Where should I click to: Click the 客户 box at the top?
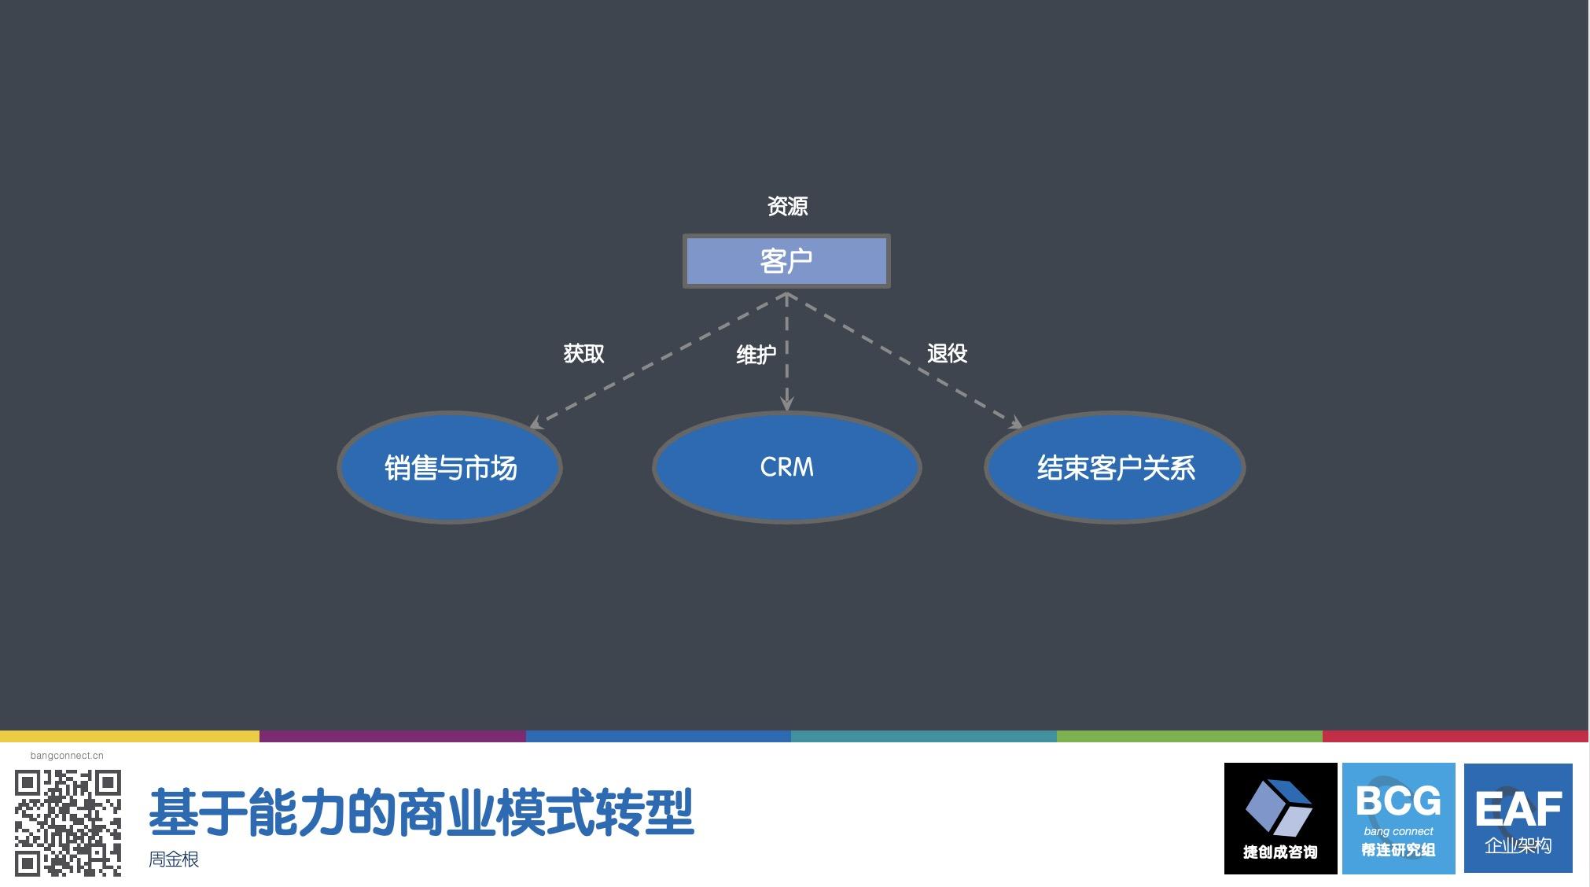tap(786, 261)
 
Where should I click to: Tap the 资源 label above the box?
tap(787, 206)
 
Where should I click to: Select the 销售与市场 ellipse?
tap(450, 467)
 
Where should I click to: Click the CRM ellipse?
tap(787, 467)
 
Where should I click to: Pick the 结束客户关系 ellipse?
tap(1115, 467)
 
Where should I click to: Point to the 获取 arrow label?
tap(583, 354)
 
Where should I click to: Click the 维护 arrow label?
tap(756, 355)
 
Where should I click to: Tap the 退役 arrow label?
tap(947, 354)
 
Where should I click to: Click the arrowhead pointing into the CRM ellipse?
tap(786, 403)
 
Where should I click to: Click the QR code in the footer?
tap(68, 823)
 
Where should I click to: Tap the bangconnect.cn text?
tap(67, 756)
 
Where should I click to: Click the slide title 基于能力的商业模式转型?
tap(421, 812)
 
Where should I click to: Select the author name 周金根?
tap(174, 859)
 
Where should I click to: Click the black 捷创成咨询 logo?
tap(1280, 819)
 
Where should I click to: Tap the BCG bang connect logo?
tap(1398, 819)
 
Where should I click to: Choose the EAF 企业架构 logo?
tap(1518, 819)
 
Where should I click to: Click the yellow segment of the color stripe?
tap(130, 737)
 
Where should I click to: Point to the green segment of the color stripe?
tap(1190, 737)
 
